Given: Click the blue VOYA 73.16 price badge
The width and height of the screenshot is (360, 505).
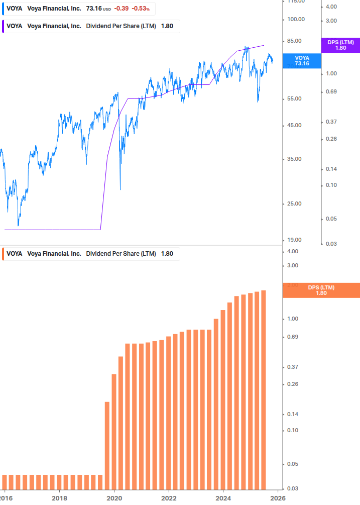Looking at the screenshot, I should (302, 61).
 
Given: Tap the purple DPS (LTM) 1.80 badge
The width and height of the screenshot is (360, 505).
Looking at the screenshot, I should (340, 45).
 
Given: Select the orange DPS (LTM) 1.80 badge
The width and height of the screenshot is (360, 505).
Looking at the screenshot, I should (321, 290).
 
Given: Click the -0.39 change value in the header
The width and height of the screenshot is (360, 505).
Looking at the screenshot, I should (121, 9).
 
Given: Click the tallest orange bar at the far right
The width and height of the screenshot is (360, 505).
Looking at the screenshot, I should (263, 392).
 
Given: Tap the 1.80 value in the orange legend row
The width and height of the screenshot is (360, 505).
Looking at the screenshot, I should (167, 254).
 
